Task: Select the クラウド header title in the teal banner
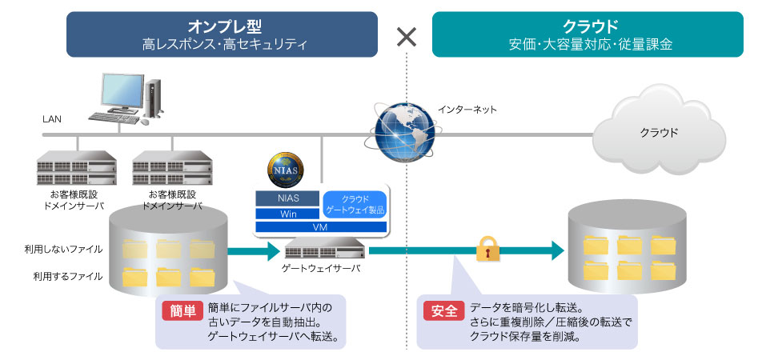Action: pos(590,25)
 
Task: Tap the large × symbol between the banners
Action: pos(407,36)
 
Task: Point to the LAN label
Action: pos(52,119)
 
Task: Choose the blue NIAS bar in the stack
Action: pos(287,198)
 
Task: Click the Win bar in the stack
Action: pos(287,214)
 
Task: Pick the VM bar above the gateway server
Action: pos(321,228)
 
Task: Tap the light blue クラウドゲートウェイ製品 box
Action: pos(354,204)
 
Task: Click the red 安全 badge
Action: pos(442,312)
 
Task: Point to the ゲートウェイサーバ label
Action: pos(321,268)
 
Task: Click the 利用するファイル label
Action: pos(67,276)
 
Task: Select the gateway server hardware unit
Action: pos(321,250)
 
